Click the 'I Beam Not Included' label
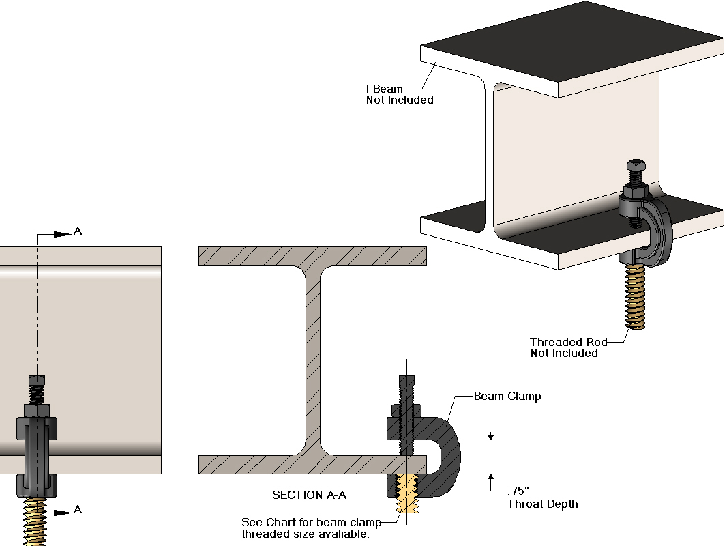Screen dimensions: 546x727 400,94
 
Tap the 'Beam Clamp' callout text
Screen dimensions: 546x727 507,397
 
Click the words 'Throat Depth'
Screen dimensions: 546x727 542,504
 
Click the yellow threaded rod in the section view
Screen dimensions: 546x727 406,495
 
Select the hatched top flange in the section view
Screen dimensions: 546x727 312,256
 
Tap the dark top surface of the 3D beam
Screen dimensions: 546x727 573,41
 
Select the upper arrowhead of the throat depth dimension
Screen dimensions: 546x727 490,437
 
